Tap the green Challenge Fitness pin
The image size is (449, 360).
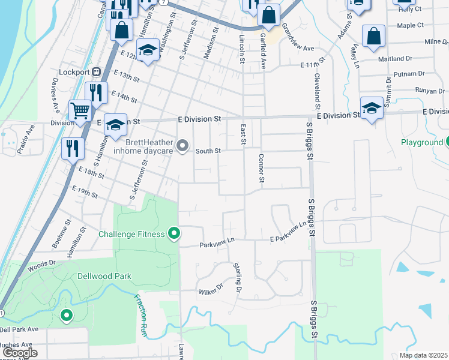(175, 233)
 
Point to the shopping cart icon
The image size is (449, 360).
(79, 110)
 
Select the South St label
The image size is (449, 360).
(210, 151)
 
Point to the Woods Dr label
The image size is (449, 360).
(41, 263)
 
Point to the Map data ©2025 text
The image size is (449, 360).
(423, 355)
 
